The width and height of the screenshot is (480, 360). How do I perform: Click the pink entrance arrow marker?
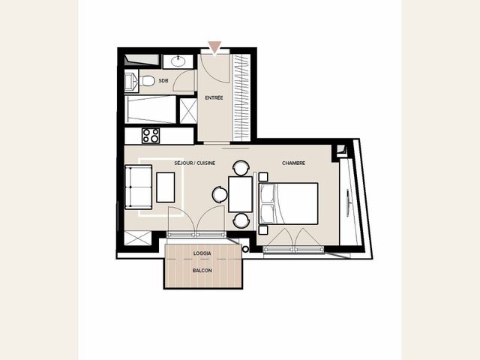(x=214, y=46)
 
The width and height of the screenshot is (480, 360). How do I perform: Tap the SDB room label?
(x=163, y=81)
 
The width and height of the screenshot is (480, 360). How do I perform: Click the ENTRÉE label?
(x=214, y=98)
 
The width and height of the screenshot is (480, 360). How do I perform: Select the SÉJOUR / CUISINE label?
(x=195, y=163)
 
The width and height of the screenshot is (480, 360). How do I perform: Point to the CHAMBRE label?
(x=293, y=163)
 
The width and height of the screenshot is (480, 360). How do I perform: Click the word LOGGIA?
(x=202, y=253)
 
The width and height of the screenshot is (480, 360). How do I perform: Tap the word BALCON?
(x=202, y=271)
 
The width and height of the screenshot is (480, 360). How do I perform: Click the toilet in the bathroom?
(x=147, y=81)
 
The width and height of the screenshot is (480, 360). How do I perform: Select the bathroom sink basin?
(x=178, y=61)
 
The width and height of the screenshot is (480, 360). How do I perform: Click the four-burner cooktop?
(x=151, y=136)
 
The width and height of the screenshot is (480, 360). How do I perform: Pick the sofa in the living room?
(x=138, y=187)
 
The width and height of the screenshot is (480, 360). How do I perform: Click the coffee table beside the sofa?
(x=166, y=187)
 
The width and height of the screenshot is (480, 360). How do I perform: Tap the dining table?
(x=240, y=194)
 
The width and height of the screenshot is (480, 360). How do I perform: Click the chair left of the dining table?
(x=220, y=195)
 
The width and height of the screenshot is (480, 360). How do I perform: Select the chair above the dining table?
(x=241, y=168)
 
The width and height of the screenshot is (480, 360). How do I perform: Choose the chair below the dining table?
(x=241, y=220)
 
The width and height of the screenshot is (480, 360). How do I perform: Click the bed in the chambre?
(x=288, y=203)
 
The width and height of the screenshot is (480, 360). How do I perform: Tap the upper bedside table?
(x=263, y=177)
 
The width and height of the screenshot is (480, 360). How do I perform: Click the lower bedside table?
(x=263, y=230)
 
